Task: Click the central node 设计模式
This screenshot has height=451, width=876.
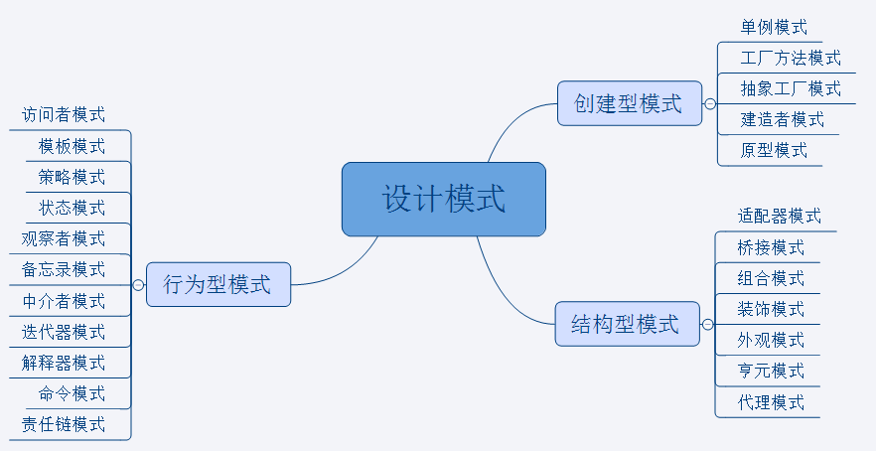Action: (x=444, y=199)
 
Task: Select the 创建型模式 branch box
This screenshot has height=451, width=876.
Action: (x=629, y=103)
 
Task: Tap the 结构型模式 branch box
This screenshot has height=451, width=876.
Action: (x=626, y=324)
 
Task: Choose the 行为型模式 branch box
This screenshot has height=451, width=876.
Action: (x=218, y=285)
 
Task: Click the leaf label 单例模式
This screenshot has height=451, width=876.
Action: (x=774, y=27)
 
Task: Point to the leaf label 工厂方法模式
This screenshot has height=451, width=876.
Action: (x=791, y=58)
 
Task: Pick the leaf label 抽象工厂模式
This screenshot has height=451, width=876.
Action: (x=791, y=88)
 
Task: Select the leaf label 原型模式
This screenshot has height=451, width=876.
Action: (x=774, y=150)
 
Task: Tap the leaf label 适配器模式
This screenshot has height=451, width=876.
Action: (x=780, y=216)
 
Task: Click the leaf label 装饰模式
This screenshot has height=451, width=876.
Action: (x=771, y=309)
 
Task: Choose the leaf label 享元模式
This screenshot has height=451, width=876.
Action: (x=771, y=371)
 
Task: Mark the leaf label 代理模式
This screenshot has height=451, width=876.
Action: (x=771, y=402)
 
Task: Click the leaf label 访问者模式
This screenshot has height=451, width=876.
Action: (x=64, y=115)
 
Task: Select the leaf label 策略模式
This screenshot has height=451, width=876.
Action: (x=72, y=177)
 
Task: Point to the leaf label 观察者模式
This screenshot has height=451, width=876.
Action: (x=64, y=238)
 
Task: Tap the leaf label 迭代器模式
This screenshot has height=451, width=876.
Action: (x=64, y=332)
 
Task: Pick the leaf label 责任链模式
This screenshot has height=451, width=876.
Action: (x=64, y=424)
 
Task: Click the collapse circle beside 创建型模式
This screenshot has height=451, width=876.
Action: (x=709, y=103)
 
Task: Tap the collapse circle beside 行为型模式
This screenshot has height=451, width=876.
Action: (x=138, y=285)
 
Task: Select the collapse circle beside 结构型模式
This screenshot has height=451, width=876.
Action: (x=707, y=324)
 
